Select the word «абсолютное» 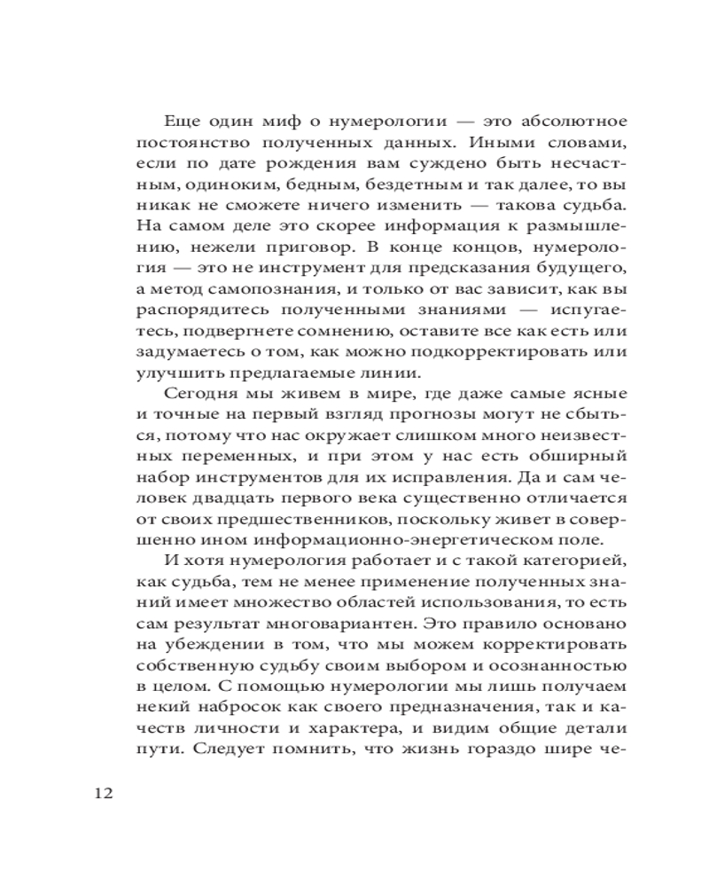click(x=558, y=120)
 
